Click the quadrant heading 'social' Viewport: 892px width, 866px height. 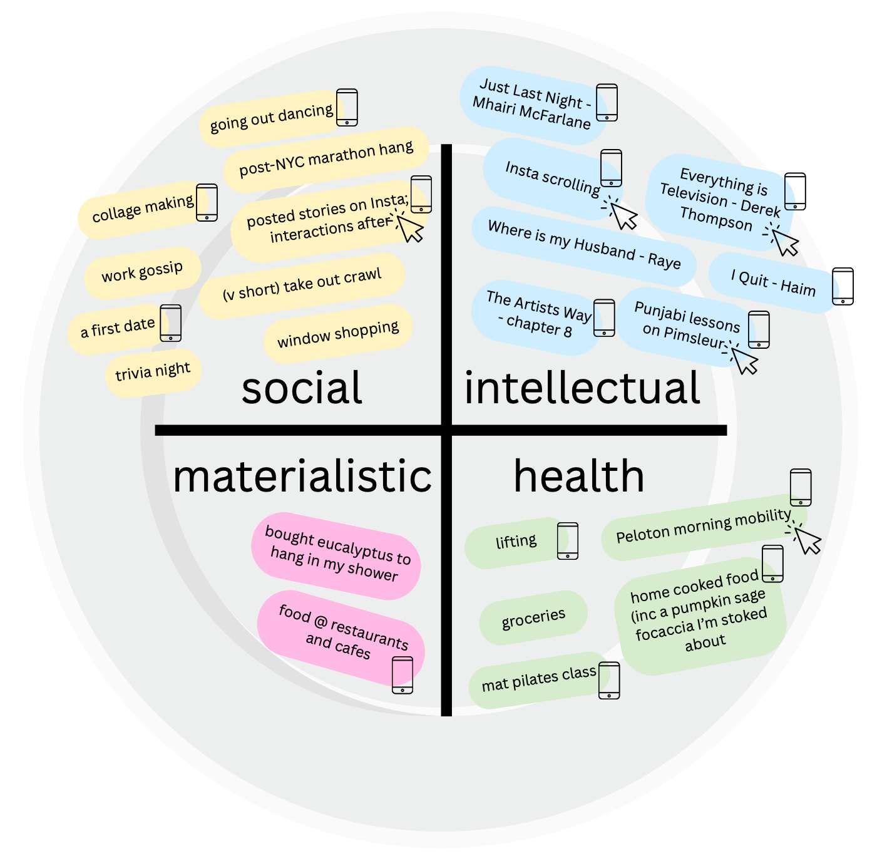pos(302,388)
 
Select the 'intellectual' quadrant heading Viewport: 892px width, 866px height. pos(582,388)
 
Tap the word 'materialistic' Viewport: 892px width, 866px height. pos(302,477)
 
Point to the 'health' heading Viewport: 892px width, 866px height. pos(579,477)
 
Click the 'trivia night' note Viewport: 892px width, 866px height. pos(153,372)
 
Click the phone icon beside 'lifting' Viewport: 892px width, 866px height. pos(568,540)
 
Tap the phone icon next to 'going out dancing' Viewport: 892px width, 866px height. pos(347,107)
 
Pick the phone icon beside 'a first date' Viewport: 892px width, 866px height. pos(171,323)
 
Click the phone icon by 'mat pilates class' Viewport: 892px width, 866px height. pos(609,680)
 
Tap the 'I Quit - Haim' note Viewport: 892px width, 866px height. pos(773,283)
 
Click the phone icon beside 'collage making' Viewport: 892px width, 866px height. pos(207,202)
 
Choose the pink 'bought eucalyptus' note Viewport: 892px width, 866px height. pos(336,554)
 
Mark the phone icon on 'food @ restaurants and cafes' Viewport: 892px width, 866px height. pos(402,675)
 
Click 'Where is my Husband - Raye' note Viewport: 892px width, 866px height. pos(583,245)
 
